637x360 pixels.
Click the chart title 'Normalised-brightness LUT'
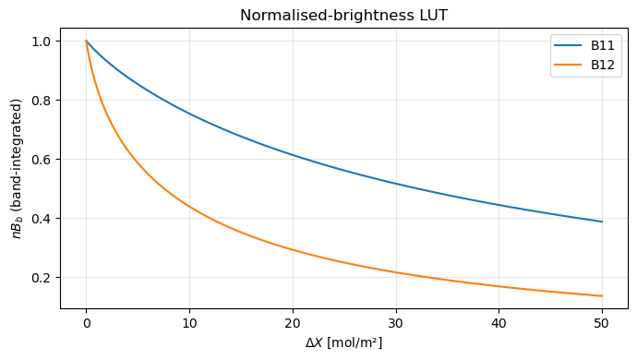344,15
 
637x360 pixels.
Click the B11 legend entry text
603,44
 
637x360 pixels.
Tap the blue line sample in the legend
568,44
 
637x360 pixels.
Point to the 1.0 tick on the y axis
44,42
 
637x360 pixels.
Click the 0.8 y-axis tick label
44,101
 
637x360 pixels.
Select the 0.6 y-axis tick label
44,160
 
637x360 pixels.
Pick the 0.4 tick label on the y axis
44,219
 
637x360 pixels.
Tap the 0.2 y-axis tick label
44,278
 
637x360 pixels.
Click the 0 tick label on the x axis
87,322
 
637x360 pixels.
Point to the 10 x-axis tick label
189,322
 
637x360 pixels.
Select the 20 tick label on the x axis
293,322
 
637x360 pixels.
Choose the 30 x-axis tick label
395,322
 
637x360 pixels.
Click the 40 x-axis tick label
499,322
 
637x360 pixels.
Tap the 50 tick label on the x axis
601,322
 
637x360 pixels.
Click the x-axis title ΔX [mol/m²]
344,342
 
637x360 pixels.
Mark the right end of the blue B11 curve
601,222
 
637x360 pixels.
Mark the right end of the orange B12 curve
601,295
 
